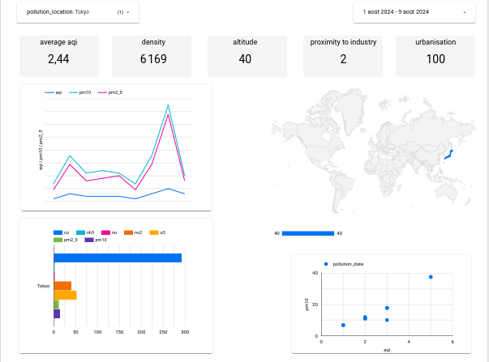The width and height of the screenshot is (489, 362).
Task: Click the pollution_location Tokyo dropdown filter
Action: click(77, 13)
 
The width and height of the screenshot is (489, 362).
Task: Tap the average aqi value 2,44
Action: click(58, 59)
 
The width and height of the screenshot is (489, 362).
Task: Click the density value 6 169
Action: click(152, 59)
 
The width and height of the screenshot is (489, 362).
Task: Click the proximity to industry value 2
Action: click(343, 59)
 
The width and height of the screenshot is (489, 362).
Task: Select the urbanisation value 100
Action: click(435, 59)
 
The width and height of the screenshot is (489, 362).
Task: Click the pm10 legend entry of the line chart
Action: click(84, 93)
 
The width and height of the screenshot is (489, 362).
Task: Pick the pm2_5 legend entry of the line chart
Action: click(114, 93)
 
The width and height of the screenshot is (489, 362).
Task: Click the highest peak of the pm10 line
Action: click(168, 104)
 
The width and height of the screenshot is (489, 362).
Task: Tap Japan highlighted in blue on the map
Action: click(448, 155)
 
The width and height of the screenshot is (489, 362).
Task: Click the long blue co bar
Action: click(118, 258)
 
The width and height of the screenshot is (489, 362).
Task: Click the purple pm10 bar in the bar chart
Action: click(57, 313)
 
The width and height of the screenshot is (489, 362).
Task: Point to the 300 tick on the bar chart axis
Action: click(185, 332)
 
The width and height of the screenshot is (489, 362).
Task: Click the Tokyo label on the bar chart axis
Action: click(44, 286)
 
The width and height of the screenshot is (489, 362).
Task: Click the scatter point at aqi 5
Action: click(431, 277)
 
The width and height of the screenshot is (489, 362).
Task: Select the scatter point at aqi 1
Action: click(343, 325)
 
